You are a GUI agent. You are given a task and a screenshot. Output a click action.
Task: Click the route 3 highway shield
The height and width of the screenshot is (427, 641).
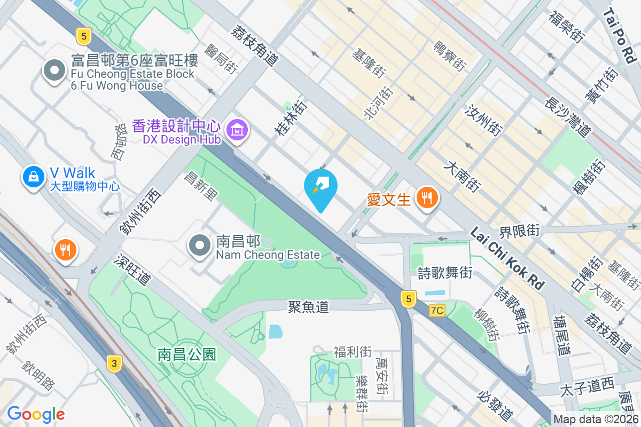point(113,364)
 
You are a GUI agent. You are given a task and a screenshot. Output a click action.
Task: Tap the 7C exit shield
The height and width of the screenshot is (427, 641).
point(437,310)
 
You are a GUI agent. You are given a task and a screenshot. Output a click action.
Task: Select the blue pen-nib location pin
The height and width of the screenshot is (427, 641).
point(320,187)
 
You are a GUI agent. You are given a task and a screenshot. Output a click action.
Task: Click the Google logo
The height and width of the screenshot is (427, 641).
point(36,414)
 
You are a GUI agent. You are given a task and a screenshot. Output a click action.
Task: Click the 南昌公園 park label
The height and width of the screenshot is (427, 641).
point(186,354)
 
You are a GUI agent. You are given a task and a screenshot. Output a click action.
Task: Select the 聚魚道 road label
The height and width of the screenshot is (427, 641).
point(308,306)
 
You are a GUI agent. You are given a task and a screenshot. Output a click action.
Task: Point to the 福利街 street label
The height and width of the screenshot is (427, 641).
point(353,352)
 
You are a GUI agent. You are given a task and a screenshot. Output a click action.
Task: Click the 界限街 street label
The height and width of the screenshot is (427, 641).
point(519,231)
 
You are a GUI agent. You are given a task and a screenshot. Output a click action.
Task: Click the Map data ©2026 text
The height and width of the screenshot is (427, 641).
point(596,420)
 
